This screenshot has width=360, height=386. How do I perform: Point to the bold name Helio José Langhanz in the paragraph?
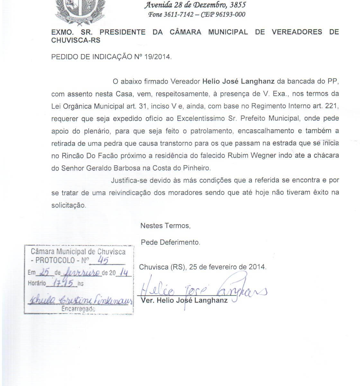(238, 81)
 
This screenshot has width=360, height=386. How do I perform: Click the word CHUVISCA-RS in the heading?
(76, 40)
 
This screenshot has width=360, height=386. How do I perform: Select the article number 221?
(333, 106)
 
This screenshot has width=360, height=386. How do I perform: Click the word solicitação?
(68, 205)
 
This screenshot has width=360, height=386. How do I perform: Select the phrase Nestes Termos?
(165, 226)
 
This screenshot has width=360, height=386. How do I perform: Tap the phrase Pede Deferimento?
(170, 242)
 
